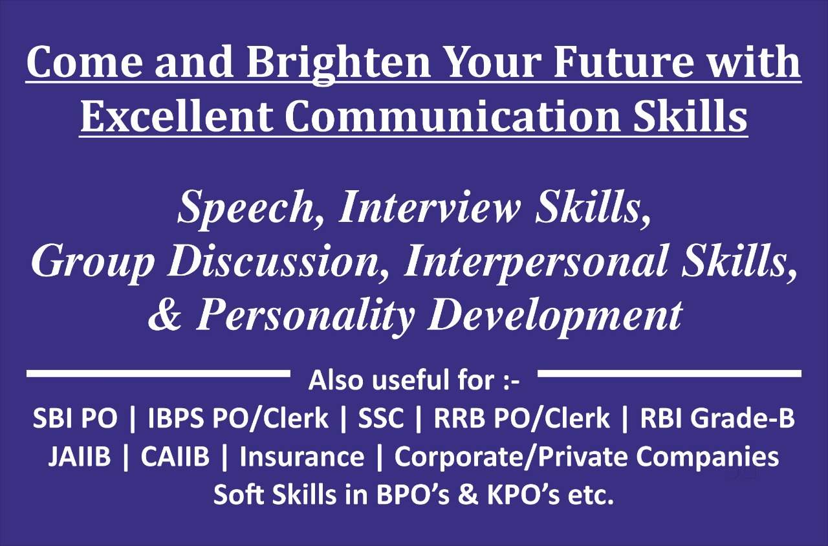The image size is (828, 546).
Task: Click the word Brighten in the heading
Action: tap(339, 62)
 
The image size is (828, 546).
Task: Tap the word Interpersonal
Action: tap(537, 263)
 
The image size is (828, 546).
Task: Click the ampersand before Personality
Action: tap(165, 316)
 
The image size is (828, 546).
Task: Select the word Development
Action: tap(555, 317)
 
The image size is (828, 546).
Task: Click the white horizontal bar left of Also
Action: tap(158, 373)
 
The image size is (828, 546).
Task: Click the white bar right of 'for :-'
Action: tap(670, 373)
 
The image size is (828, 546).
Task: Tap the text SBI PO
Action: tap(75, 418)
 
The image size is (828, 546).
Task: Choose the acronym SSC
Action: tap(381, 418)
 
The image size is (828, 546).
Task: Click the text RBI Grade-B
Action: tap(717, 418)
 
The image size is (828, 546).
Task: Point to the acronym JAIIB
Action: tap(80, 457)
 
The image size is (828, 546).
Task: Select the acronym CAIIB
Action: tap(175, 457)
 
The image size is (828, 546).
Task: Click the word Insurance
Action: tap(301, 457)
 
